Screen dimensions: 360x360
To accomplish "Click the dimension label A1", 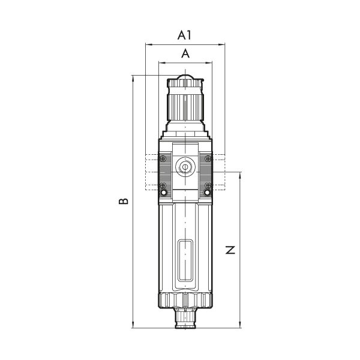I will coord(185,35).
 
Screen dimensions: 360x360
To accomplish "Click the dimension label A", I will coord(185,53).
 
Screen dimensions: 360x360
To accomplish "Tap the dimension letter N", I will coord(230,250).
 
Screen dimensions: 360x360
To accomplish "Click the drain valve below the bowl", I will coord(185,316).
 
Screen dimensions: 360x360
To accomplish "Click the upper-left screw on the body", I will coord(163,158).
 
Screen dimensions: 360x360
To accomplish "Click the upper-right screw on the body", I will coord(207,158).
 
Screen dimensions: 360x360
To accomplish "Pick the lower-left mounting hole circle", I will coord(163,194).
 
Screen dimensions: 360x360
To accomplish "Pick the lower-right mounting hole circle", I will coord(207,194).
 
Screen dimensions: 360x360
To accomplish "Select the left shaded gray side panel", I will coord(165,172).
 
